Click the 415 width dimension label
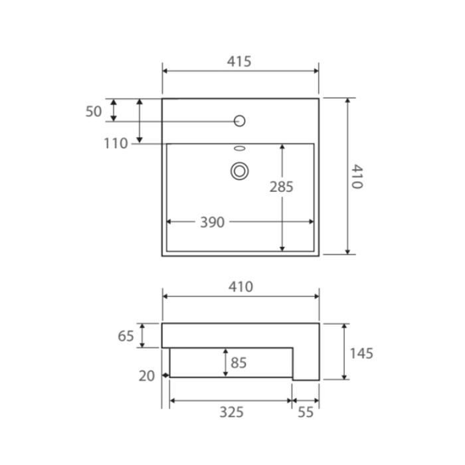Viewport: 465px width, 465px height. click(239, 61)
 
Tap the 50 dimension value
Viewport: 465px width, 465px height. click(94, 112)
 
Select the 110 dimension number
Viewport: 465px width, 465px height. click(116, 143)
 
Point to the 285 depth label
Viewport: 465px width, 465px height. click(282, 187)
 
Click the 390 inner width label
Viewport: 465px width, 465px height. click(213, 223)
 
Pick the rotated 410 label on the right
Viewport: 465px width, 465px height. click(357, 177)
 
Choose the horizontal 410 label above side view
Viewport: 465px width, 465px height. click(240, 287)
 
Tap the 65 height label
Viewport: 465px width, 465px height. click(126, 336)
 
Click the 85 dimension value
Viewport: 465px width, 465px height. click(238, 363)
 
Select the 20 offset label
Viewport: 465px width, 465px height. click(147, 376)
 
